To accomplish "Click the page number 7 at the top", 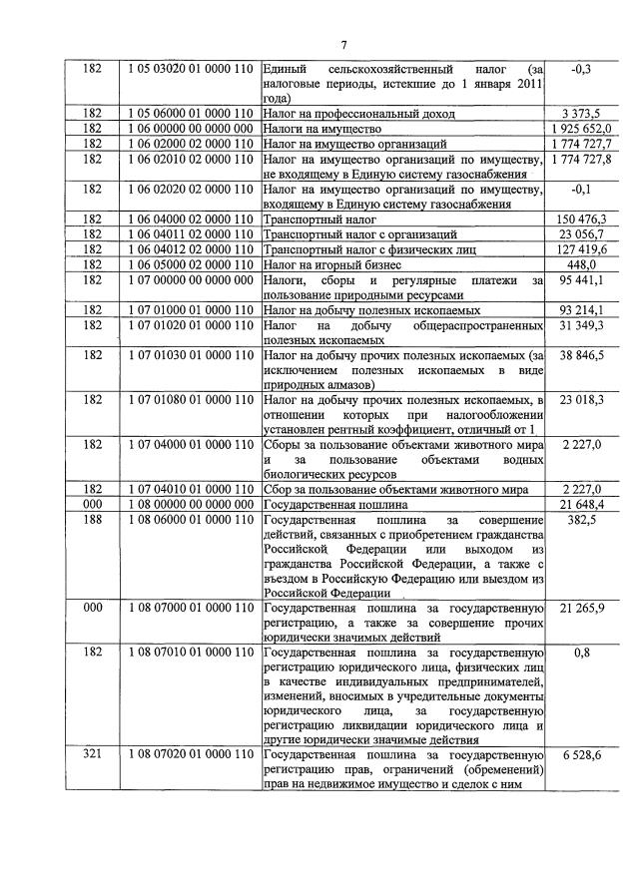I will [342, 45].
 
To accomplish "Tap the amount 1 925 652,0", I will [580, 129].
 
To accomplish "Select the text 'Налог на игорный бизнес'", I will [332, 264].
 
